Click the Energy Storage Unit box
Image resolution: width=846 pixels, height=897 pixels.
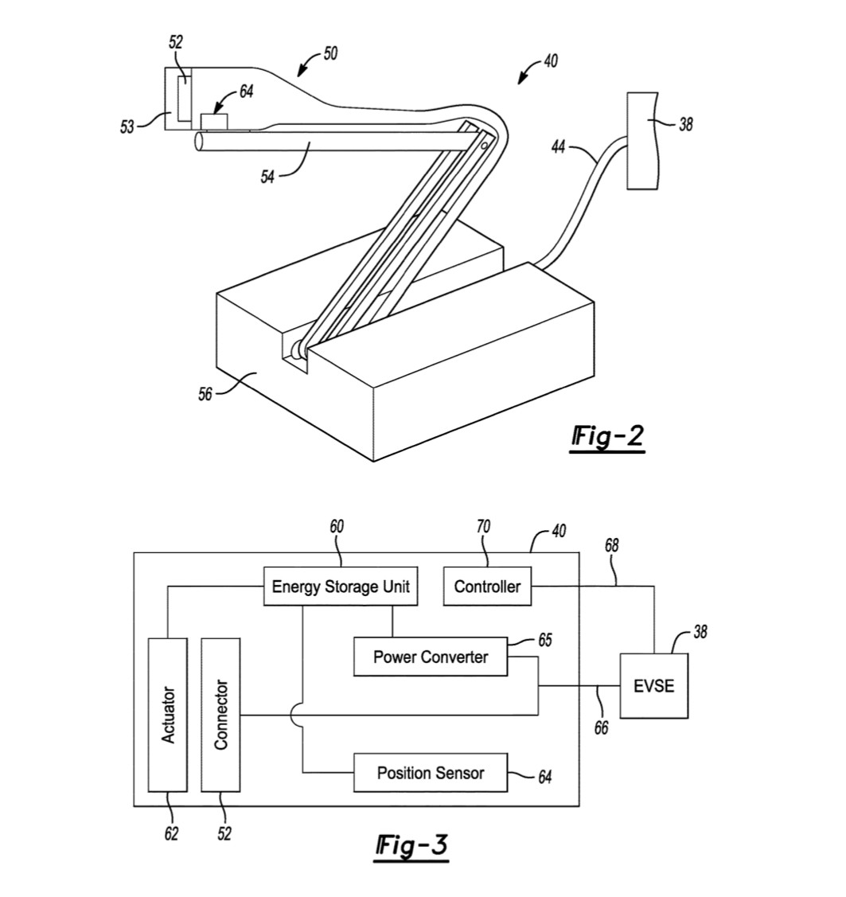click(341, 587)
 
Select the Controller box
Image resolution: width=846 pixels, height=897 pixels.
click(487, 587)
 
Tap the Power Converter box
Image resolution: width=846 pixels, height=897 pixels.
click(431, 657)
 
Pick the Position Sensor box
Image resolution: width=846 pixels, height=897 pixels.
click(431, 773)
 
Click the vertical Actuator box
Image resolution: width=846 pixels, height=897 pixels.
click(168, 715)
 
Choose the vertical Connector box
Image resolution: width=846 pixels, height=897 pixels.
click(220, 715)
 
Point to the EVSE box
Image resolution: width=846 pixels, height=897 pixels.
click(653, 686)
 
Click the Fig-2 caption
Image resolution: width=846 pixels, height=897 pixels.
click(607, 437)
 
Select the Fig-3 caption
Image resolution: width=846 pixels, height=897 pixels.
click(411, 845)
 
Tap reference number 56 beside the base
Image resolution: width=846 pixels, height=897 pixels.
click(205, 394)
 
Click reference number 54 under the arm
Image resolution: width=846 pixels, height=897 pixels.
click(267, 177)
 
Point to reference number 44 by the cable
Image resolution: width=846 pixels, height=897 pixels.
click(559, 147)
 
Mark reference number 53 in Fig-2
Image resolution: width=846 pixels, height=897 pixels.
click(127, 127)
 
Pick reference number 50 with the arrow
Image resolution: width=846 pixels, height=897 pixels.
click(330, 54)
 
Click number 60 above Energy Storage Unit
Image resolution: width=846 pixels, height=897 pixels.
click(337, 527)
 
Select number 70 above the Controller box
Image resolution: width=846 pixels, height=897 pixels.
click(483, 527)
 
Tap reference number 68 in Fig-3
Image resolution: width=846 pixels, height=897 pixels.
click(611, 546)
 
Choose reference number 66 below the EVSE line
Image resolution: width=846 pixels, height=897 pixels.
click(602, 727)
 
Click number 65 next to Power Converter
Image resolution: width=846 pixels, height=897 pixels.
click(545, 640)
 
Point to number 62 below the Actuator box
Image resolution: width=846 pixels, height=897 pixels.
click(171, 833)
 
